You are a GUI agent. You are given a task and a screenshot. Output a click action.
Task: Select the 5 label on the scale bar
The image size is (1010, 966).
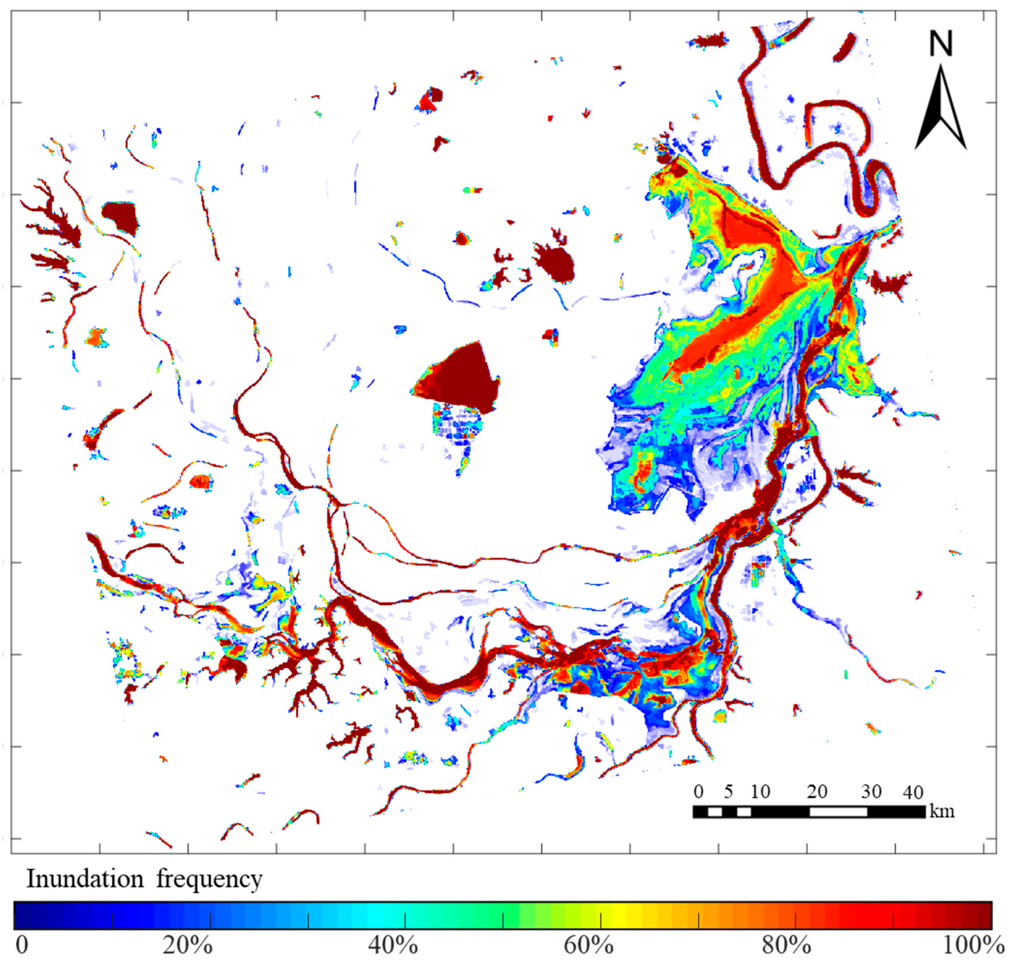click(x=728, y=792)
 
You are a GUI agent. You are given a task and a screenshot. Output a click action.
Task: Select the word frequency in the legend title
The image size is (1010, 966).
click(x=209, y=879)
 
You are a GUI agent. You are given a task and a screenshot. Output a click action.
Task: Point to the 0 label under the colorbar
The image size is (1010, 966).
click(x=22, y=945)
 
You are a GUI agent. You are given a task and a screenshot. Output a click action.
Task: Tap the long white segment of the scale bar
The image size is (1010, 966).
click(x=838, y=812)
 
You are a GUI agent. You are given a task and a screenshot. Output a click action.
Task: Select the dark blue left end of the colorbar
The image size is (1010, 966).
click(x=23, y=915)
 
